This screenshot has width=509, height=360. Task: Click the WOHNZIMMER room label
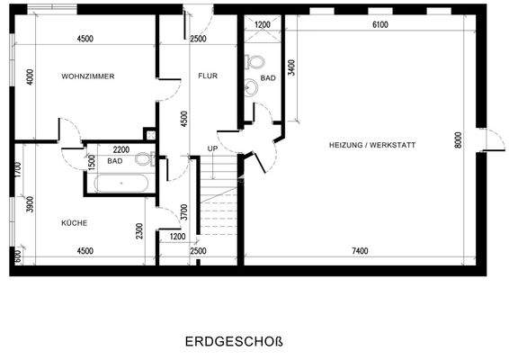(87, 76)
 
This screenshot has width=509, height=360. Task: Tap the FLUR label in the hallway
(208, 76)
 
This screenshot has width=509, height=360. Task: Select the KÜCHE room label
(75, 222)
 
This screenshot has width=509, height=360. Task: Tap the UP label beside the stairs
(212, 148)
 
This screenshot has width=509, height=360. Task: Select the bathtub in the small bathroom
(122, 184)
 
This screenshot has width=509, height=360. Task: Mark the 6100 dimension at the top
(380, 25)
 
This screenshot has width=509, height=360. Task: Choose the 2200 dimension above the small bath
(121, 149)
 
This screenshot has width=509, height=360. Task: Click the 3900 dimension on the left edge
(31, 204)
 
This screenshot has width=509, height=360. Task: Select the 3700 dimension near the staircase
(183, 212)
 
